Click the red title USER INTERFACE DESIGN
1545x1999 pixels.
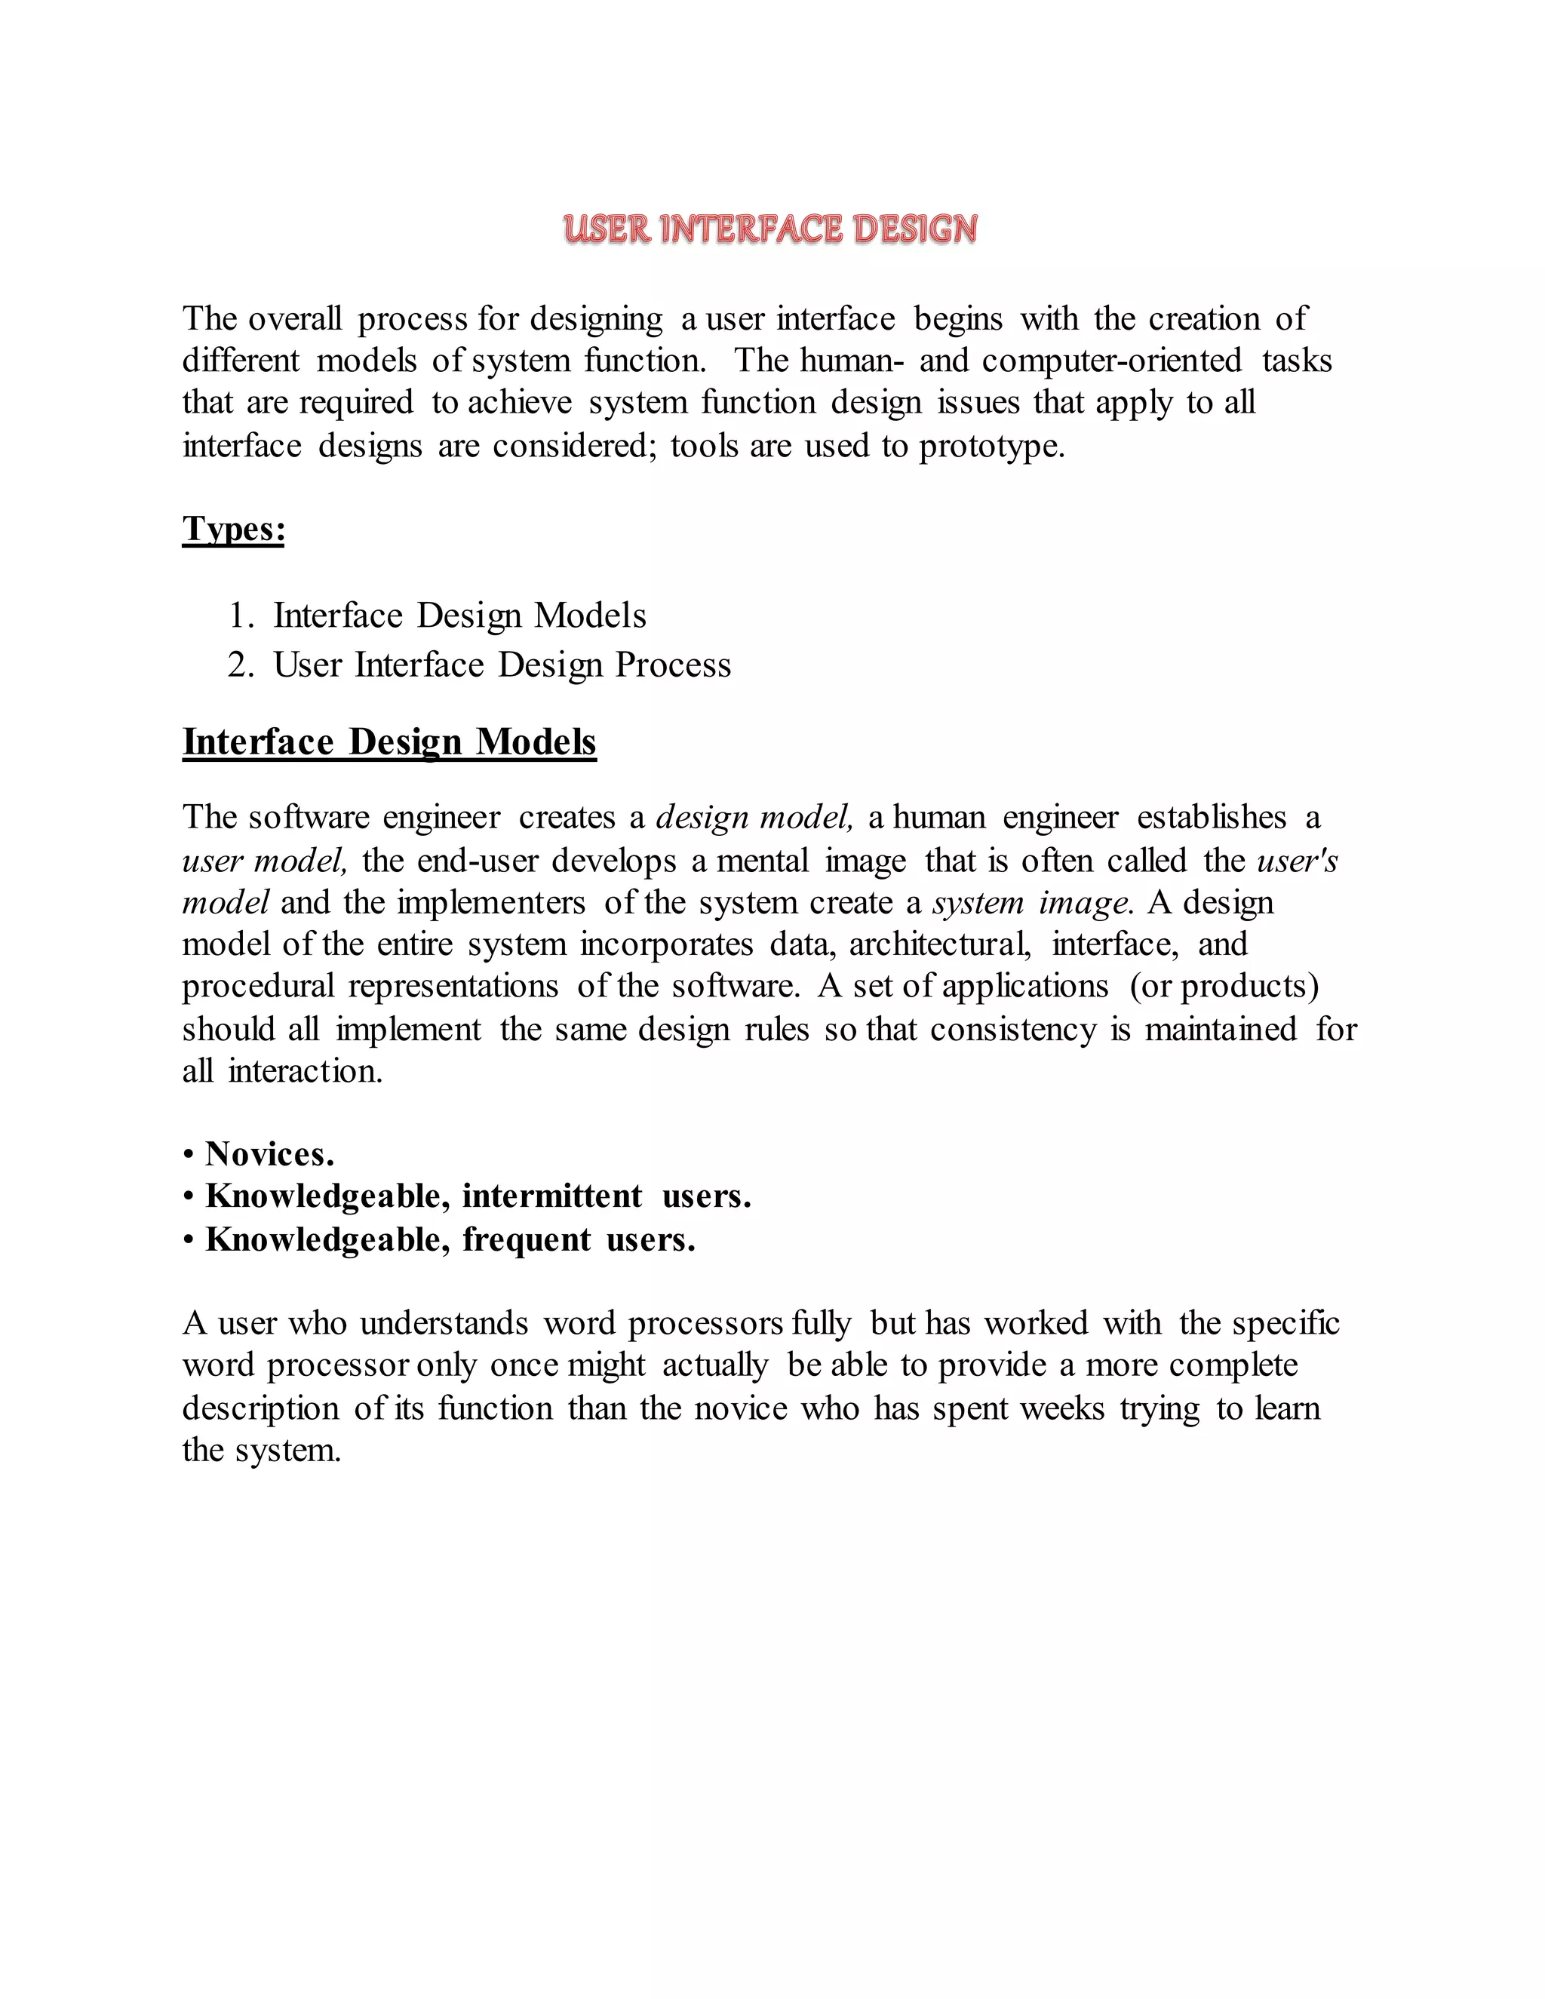771,229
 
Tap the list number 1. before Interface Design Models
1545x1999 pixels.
241,616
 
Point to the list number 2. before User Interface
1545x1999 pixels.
241,665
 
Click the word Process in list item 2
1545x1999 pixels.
673,665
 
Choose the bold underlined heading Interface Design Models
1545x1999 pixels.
389,742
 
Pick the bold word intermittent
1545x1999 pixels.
552,1196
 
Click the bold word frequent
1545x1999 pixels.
527,1239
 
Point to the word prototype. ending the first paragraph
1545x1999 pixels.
992,447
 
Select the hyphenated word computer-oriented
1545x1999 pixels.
1112,361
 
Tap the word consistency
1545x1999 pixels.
1013,1030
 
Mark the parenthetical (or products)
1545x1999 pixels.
1224,987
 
